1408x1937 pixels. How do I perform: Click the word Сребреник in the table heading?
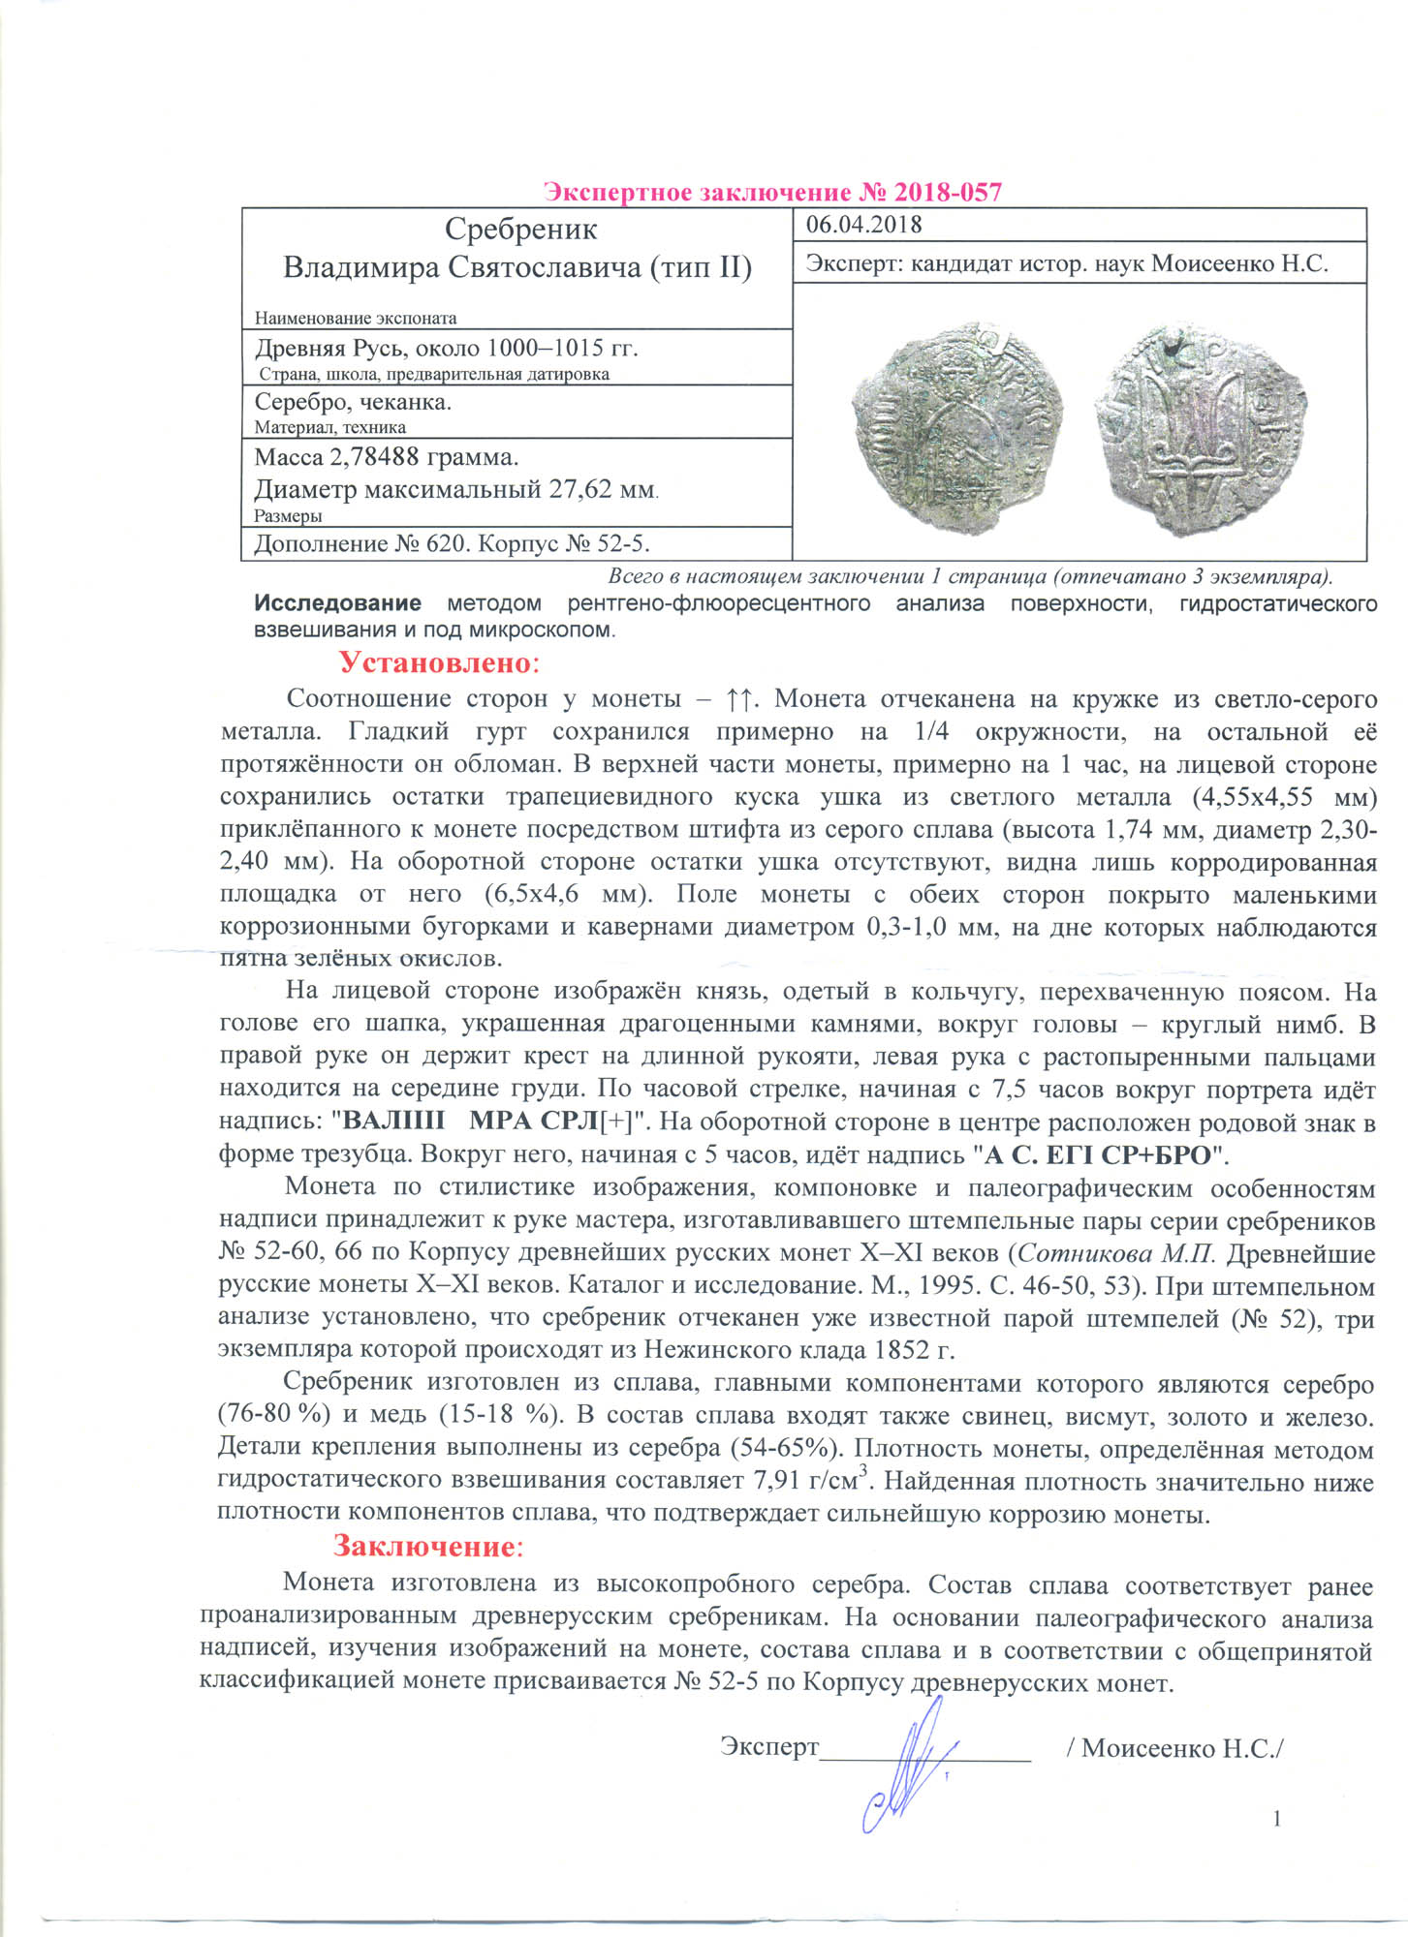tap(520, 230)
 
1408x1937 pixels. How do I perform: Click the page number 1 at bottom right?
tap(1277, 1819)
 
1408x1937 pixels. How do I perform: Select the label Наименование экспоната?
tap(355, 319)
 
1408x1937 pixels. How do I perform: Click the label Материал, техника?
tap(329, 427)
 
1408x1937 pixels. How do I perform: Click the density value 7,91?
tap(773, 1481)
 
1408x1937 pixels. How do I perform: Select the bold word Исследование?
tap(337, 604)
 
